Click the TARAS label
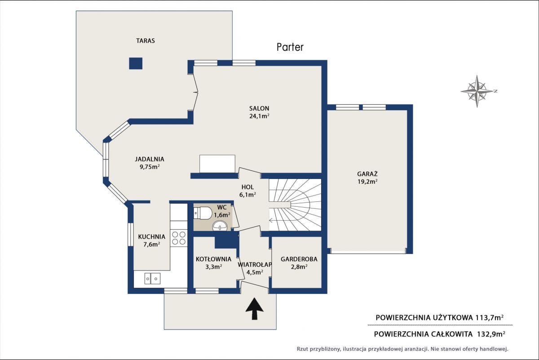[x=146, y=41]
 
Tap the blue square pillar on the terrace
[x=136, y=63]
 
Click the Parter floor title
[x=290, y=47]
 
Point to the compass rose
[x=477, y=91]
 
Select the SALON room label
[x=259, y=108]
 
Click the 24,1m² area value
[x=259, y=116]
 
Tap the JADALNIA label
[x=150, y=159]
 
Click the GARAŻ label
[x=367, y=173]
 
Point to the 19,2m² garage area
[x=367, y=182]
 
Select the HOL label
[x=247, y=187]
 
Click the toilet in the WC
[x=203, y=213]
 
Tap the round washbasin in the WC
[x=220, y=226]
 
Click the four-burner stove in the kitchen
[x=179, y=238]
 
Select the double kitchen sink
[x=152, y=279]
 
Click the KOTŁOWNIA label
[x=213, y=259]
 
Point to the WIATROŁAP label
[x=255, y=264]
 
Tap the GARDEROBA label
[x=299, y=259]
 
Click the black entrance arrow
[x=255, y=309]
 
